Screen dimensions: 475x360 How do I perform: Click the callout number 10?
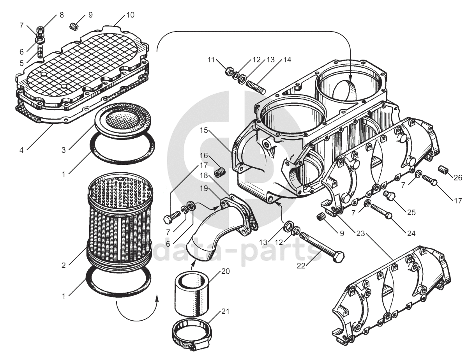click(130, 15)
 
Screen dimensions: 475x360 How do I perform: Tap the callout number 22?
click(301, 265)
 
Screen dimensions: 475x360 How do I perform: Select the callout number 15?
click(204, 131)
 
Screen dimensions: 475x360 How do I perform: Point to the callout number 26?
click(458, 178)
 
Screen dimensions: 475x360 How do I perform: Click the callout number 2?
click(64, 265)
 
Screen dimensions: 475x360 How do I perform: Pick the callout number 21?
click(225, 312)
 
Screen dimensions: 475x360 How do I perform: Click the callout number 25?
click(411, 212)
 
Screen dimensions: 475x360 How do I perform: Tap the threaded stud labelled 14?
click(256, 87)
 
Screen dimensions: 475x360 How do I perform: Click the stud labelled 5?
click(41, 51)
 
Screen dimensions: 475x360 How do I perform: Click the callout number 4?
click(21, 150)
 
